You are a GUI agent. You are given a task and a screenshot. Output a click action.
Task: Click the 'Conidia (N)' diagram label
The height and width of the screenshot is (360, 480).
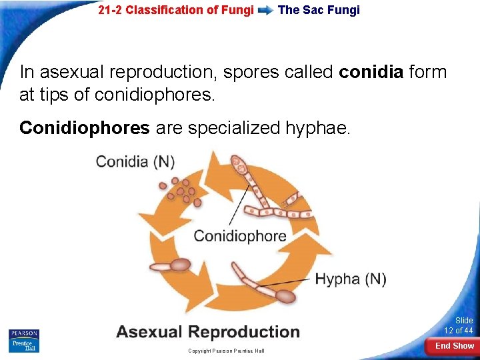tap(135, 161)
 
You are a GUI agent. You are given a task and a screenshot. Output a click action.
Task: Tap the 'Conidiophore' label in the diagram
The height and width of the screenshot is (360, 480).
tap(240, 235)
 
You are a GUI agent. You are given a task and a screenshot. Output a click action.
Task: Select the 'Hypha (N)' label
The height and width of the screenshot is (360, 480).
tap(351, 279)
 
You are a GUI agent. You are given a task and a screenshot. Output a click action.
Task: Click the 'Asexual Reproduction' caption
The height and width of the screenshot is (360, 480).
tap(208, 332)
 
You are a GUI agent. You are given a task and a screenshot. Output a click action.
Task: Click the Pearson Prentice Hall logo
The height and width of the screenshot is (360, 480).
tap(24, 340)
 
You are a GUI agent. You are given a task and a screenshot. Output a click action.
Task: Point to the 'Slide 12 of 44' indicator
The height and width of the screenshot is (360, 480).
tap(459, 325)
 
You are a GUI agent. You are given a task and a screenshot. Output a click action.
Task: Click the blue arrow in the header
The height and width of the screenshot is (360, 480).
tap(265, 11)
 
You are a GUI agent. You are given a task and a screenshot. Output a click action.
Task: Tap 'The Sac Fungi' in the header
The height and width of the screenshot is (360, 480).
tap(319, 10)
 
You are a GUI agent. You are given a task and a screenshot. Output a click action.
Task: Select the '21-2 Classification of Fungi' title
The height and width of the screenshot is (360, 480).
tap(176, 10)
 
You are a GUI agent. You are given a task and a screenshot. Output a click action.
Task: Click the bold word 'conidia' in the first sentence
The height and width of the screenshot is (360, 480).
tap(371, 72)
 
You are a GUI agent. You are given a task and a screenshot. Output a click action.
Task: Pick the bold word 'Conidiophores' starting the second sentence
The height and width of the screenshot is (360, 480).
tap(85, 127)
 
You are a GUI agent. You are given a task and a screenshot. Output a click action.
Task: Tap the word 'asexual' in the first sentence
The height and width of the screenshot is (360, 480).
tap(74, 72)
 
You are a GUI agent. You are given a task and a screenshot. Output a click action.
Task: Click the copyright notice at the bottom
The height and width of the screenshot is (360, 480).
tap(226, 351)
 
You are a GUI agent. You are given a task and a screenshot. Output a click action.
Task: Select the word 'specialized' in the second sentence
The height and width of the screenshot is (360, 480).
tap(227, 127)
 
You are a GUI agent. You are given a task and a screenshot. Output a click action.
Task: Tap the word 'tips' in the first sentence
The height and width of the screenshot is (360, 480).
tap(59, 95)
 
